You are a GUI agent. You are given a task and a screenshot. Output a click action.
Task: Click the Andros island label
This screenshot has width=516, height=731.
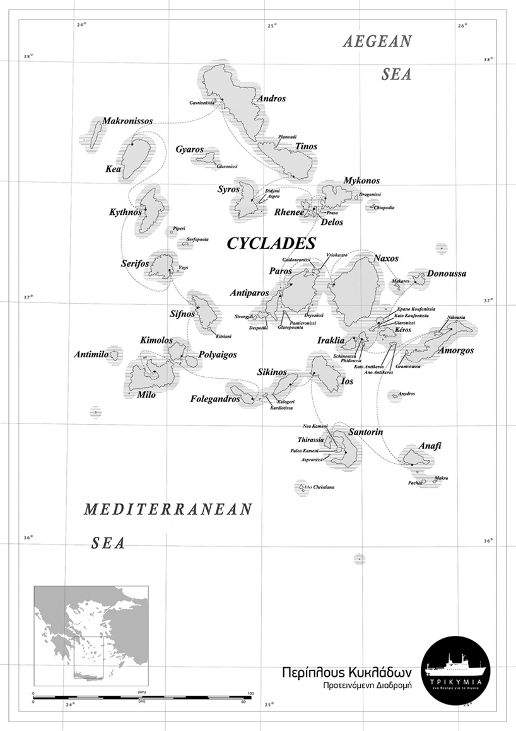272,99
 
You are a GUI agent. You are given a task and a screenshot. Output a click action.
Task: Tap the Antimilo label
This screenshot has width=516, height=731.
91,355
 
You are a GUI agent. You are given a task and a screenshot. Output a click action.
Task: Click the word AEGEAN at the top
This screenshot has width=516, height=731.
377,42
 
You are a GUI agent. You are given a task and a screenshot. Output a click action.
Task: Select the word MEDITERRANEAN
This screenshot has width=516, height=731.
168,510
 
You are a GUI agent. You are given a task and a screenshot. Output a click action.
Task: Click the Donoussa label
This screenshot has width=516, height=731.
447,274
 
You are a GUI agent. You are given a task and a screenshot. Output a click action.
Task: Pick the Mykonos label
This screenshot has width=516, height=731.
361,181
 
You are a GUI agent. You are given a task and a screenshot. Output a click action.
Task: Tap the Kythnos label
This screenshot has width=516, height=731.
125,212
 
